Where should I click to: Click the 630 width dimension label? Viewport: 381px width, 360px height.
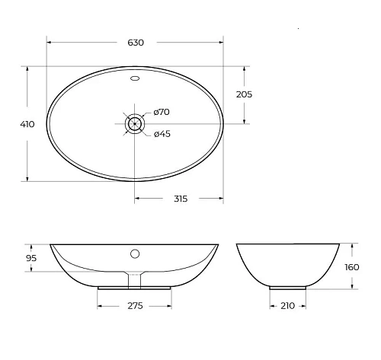(x=135, y=42)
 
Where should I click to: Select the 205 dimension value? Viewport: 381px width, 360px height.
(x=244, y=94)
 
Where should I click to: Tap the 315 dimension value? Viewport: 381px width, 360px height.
(x=180, y=199)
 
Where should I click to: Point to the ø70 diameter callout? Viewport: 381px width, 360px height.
(x=161, y=112)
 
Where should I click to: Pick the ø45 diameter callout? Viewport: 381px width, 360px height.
(x=161, y=135)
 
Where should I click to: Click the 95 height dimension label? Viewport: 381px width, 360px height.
(x=31, y=258)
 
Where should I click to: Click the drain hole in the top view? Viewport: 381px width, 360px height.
(x=135, y=123)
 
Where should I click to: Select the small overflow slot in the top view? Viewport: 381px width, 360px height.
(x=135, y=78)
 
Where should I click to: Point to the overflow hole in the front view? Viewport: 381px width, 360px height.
(x=135, y=253)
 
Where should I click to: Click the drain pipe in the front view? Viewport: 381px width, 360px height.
(x=135, y=280)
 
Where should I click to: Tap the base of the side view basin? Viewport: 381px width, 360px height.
(x=288, y=288)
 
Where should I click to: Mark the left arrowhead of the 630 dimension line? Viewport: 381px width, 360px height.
(x=50, y=42)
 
